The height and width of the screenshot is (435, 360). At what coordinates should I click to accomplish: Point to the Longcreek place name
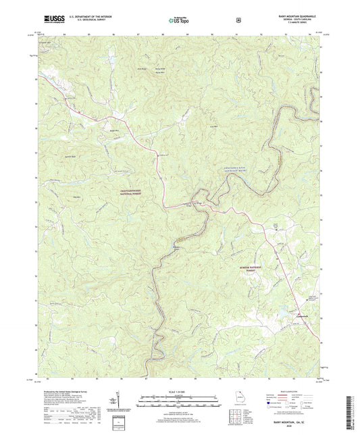[x=302, y=317]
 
